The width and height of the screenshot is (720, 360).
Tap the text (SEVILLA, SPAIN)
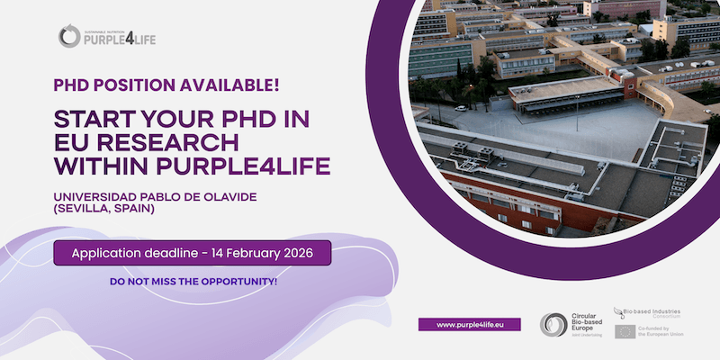tap(103, 209)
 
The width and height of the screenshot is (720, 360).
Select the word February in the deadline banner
tap(245, 253)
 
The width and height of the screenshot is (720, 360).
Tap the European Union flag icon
tap(625, 331)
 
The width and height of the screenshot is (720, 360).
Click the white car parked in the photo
tap(461, 108)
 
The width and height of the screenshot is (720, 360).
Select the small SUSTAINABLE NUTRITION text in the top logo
tap(106, 28)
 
